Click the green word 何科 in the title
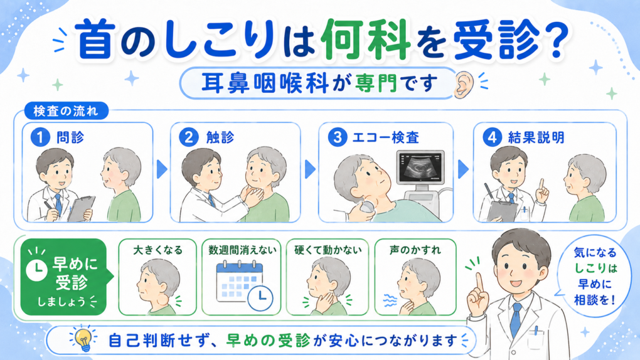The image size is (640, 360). pos(365,40)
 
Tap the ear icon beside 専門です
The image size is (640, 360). pos(463,85)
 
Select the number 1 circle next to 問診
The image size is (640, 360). pos(40,137)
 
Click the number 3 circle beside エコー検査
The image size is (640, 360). pos(337,137)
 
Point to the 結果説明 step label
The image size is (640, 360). pos(536,137)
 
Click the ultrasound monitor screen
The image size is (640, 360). pos(420,167)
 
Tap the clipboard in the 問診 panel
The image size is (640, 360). pos(81,209)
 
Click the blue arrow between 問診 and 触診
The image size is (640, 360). pos(162,169)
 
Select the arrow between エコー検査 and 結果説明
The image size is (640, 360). pos(463,169)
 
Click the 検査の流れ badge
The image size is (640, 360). pos(66,111)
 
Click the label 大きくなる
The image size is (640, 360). pos(157,250)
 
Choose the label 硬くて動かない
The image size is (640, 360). pos(328,250)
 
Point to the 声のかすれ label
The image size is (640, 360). pos(415,250)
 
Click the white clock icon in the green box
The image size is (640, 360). pos(36,270)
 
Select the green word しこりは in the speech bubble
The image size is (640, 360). pos(595,268)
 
